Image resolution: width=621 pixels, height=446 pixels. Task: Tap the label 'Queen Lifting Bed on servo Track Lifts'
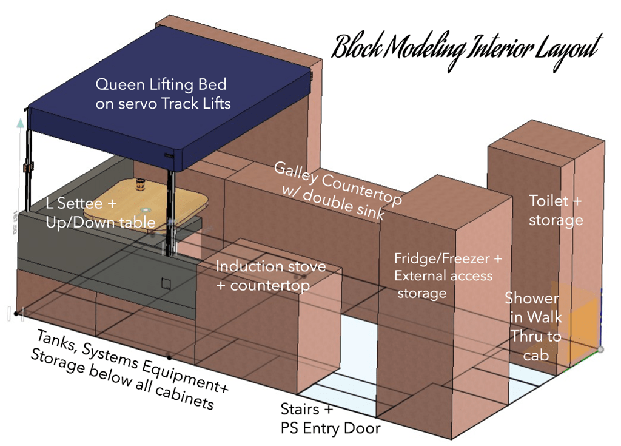[x=163, y=94]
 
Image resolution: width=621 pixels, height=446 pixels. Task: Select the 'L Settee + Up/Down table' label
[x=100, y=213]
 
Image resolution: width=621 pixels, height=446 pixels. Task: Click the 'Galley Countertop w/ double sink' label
[x=338, y=191]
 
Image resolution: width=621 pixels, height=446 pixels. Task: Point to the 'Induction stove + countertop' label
[x=270, y=276]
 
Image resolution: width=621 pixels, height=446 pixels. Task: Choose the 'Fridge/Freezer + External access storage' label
[x=448, y=276]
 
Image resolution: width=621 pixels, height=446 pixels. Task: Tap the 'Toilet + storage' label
[x=556, y=211]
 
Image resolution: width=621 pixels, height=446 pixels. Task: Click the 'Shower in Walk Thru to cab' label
[x=534, y=326]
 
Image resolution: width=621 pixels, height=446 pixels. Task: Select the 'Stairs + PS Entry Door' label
[x=331, y=419]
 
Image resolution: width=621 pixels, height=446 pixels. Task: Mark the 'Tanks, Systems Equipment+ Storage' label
[x=130, y=370]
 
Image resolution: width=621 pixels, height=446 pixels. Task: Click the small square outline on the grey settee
[x=166, y=284]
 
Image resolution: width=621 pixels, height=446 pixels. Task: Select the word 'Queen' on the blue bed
[x=119, y=85]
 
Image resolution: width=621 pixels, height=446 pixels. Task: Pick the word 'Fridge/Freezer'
[x=441, y=259]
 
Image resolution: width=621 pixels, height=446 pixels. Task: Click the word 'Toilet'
[x=548, y=201]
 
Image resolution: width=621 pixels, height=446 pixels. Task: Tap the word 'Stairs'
[x=300, y=409]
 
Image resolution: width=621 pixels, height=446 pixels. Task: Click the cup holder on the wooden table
[x=140, y=183]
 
